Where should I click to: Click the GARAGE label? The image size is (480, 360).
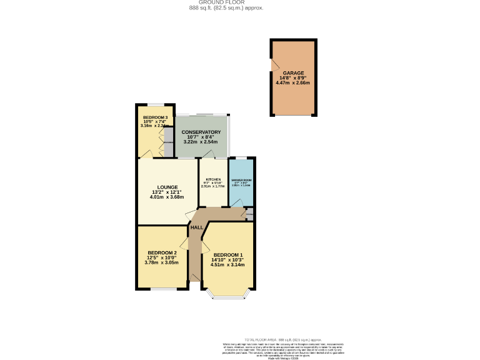[x=292, y=73]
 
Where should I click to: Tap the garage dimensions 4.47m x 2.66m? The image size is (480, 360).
[x=292, y=82]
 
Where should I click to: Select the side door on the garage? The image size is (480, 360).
[x=272, y=65]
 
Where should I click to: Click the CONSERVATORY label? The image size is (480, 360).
[x=201, y=132]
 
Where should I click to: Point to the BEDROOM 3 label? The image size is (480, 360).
[x=155, y=117]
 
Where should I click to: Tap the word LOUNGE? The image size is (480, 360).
[x=167, y=187]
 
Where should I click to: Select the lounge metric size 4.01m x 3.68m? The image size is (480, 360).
[x=167, y=197]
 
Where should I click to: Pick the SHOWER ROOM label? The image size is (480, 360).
[x=241, y=180]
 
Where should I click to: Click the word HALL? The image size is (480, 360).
[x=196, y=227]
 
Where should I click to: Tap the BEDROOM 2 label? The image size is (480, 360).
[x=162, y=252]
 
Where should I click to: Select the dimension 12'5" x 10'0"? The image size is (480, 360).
[x=162, y=257]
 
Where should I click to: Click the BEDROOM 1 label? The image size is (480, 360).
[x=228, y=255]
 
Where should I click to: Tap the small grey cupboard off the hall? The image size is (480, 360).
[x=249, y=214]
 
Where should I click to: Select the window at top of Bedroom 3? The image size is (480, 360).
[x=155, y=104]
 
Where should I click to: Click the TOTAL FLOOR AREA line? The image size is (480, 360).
[x=284, y=337]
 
